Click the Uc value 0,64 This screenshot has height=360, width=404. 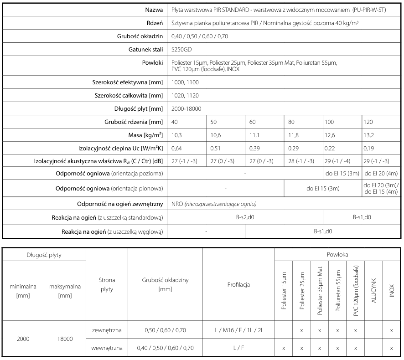click(177, 148)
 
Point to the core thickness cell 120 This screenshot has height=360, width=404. click(370, 122)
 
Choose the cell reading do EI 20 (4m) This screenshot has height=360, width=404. click(381, 174)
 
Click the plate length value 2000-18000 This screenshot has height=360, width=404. click(186, 109)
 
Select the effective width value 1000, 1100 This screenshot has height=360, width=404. click(185, 82)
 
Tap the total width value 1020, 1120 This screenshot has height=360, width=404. click(185, 96)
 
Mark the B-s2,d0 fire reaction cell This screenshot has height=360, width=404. click(245, 218)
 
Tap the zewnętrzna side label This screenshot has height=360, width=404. click(107, 329)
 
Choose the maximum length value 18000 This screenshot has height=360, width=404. click(64, 339)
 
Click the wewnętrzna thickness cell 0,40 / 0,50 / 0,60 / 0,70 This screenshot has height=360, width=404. click(165, 348)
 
